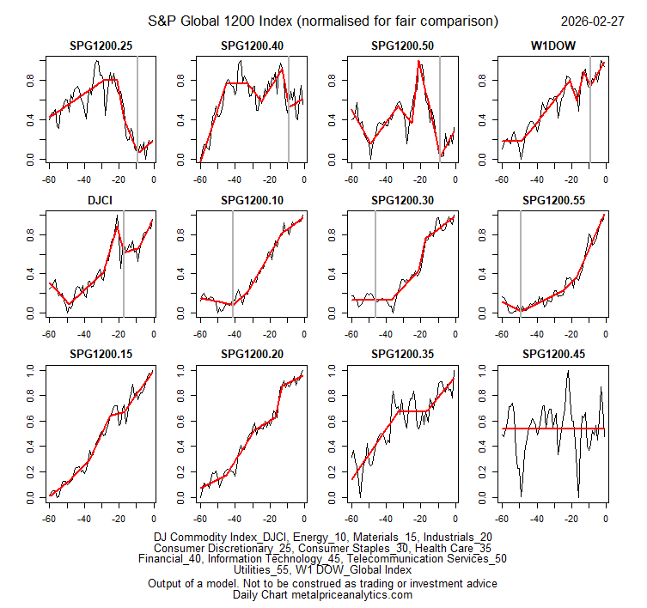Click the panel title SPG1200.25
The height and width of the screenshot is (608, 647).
coord(101,45)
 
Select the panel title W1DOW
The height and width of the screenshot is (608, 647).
coord(553,45)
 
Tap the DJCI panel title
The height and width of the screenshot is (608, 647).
coord(101,199)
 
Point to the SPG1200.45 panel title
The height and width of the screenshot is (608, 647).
coord(553,354)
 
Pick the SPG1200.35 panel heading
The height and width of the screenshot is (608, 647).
coord(402,354)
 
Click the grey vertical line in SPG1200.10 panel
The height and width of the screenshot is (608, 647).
coord(233,258)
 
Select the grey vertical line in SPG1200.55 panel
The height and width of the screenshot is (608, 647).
coord(520,258)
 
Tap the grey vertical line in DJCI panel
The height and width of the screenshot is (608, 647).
coord(124,258)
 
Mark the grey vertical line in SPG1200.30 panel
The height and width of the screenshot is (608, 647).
coord(375,258)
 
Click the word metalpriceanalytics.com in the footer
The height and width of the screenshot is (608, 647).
coord(352,595)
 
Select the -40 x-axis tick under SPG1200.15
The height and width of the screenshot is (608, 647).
coord(83,519)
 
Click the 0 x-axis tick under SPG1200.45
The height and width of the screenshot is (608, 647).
coord(606,519)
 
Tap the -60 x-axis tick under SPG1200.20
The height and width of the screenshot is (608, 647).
coord(199,519)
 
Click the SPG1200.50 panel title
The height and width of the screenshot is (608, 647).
coord(402,45)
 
